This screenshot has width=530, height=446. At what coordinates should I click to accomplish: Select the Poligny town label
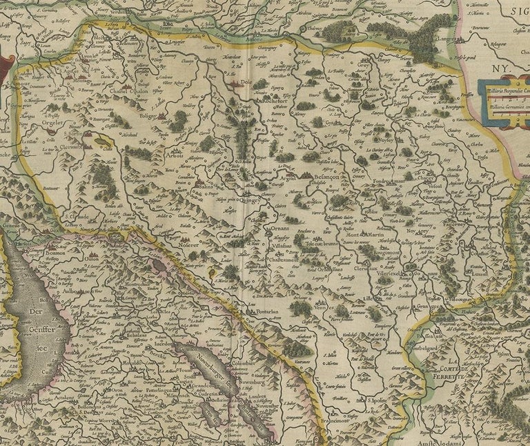click(147, 117)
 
